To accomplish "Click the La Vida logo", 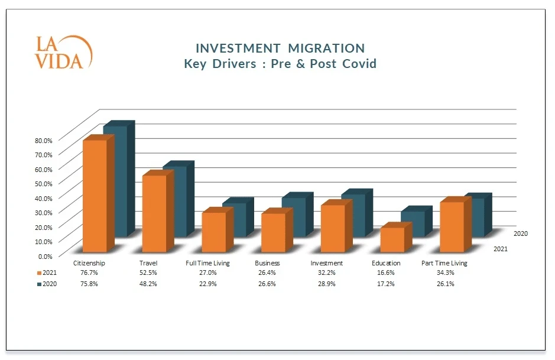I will coord(63,53).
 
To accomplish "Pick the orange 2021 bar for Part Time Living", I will coord(452,226).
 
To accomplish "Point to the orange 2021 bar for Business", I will coord(273,232).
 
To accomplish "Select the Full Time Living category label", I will coord(207,263).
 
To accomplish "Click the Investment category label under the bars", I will coord(327,263).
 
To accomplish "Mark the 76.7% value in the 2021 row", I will coord(89,273).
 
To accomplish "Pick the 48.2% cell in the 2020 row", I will coord(148,284).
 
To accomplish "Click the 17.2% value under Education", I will coord(386,284).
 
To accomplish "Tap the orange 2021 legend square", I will coord(40,273).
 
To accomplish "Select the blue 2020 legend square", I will coord(40,284).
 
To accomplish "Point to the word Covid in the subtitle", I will coord(359,63).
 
